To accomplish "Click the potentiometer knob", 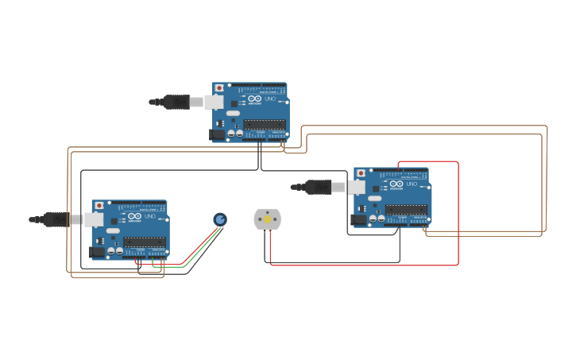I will tap(220, 219).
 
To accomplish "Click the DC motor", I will tap(267, 219).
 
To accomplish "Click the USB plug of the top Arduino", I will tap(177, 102).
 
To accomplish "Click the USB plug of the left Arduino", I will tap(57, 219).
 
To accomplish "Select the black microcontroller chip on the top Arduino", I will tap(265, 124).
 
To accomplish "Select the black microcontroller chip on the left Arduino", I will tap(144, 242).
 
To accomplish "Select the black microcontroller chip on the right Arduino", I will tap(406, 210).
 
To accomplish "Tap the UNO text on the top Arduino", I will tap(270, 99).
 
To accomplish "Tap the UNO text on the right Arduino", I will tap(412, 184).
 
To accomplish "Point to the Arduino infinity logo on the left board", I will tap(133, 216).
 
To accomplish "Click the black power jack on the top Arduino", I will tap(217, 134).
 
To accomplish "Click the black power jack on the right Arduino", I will tap(358, 219).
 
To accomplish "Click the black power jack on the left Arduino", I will tap(97, 252).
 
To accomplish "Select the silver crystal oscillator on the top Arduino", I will tap(233, 114).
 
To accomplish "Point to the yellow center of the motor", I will tap(268, 219).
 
